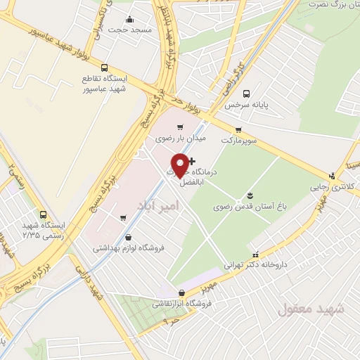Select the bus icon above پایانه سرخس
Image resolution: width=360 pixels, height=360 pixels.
click(246, 94)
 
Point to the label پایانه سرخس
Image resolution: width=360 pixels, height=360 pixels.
click(247, 105)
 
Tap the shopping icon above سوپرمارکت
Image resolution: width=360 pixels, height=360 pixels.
click(239, 129)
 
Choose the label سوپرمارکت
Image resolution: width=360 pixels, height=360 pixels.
click(240, 140)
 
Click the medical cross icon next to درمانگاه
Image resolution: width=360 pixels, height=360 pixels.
click(193, 161)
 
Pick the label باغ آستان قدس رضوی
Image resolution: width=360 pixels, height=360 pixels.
click(248, 205)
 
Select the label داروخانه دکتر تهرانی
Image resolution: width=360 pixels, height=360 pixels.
click(256, 265)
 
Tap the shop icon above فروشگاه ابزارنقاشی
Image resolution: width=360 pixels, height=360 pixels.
click(182, 292)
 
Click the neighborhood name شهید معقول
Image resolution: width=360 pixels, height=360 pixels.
click(310, 309)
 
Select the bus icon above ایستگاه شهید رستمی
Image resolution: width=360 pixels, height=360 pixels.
click(43, 214)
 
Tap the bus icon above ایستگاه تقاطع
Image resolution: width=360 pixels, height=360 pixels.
click(105, 68)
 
